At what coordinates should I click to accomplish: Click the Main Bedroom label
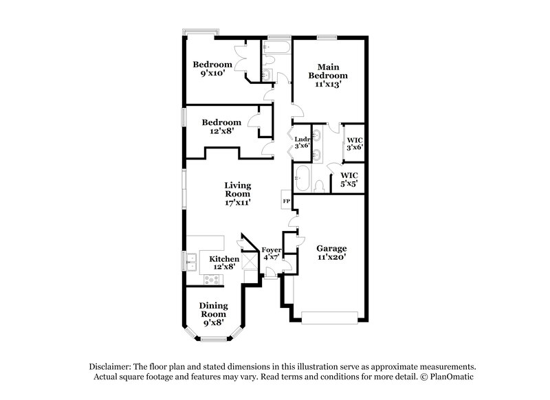(327, 75)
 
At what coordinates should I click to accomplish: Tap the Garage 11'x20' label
(331, 252)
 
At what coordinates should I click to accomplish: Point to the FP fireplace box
(285, 201)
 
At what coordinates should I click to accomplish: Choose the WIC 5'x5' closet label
(349, 179)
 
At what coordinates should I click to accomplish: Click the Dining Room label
(213, 313)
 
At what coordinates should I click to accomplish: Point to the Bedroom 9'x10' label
(212, 69)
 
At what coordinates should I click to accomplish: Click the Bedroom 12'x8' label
(221, 126)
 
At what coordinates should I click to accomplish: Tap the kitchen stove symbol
(212, 279)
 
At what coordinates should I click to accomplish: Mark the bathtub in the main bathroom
(302, 179)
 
